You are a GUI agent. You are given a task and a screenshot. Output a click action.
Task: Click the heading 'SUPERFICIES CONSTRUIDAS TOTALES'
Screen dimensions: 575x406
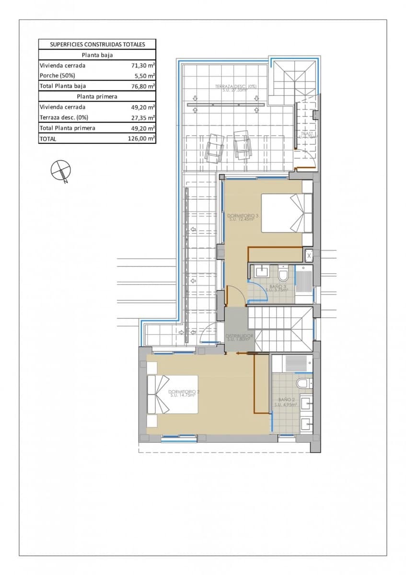coord(97,44)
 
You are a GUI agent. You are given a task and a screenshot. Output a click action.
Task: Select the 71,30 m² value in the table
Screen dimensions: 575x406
coord(143,66)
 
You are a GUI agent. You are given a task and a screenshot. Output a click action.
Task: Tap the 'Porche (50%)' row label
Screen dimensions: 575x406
coord(57,76)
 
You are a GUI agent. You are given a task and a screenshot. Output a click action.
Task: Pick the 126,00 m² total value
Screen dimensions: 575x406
coord(143,139)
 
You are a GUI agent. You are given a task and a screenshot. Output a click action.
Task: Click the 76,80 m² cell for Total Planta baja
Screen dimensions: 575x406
coord(143,86)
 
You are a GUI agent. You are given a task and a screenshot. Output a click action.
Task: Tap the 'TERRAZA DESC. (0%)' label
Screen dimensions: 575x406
coord(235,87)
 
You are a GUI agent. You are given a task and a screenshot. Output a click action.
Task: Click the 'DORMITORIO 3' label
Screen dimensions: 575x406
coord(243,216)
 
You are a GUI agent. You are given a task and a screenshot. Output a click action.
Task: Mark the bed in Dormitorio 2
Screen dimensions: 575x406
coord(173,394)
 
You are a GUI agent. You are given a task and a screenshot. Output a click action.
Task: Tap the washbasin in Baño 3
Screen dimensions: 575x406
coord(262,272)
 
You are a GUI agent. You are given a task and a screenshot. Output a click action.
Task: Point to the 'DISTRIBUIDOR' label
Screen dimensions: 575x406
coord(239,336)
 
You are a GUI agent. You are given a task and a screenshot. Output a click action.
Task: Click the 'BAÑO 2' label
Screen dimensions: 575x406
coord(286,399)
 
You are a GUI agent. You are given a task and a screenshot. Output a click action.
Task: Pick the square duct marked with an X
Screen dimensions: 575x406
coord(309,255)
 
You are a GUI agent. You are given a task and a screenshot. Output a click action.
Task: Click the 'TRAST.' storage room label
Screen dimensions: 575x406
coord(307,134)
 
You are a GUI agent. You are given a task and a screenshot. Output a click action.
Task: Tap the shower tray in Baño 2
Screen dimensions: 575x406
coord(292,364)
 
